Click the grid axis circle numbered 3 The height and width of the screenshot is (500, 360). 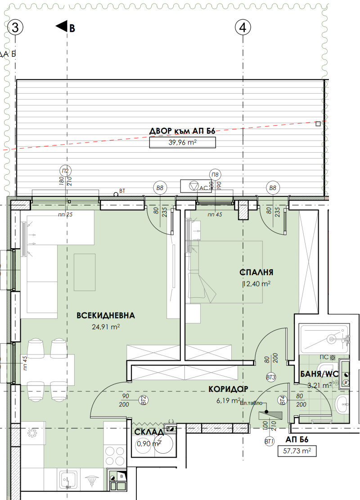click(15, 28)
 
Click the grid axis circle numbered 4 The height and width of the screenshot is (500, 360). click(243, 28)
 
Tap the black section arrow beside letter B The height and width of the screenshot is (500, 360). click(61, 27)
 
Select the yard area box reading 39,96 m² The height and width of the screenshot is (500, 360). click(182, 143)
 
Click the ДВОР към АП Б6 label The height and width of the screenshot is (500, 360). click(182, 132)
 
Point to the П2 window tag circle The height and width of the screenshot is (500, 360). click(66, 171)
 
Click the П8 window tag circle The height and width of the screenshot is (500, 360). click(215, 175)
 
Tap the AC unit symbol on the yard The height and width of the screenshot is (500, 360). click(193, 186)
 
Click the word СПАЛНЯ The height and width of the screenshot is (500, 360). click(256, 272)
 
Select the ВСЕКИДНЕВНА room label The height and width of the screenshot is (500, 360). click(106, 315)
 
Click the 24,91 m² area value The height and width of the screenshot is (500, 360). click(106, 327)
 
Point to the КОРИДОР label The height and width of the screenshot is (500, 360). click(228, 389)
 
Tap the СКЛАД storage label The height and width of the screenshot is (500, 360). click(148, 432)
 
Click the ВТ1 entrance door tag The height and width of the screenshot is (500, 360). click(270, 441)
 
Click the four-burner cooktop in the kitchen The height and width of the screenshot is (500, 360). click(115, 455)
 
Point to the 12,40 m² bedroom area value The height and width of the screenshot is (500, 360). click(256, 284)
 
